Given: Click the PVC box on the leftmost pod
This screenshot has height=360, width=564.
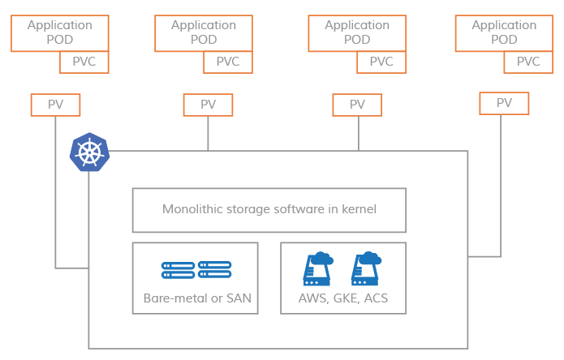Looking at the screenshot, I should pos(84,62).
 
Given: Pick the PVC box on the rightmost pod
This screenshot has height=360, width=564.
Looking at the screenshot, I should pos(528,62).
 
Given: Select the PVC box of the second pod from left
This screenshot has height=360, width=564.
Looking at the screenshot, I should pos(228,62).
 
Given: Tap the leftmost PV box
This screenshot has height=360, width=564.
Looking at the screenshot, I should pos(56,105).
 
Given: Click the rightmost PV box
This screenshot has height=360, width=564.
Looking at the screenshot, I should pos(504,103).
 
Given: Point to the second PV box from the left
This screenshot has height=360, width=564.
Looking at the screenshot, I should pos(208,105).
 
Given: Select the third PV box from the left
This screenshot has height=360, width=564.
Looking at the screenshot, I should pos(358,105).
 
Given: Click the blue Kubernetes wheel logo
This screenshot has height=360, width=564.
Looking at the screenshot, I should pos(89,152).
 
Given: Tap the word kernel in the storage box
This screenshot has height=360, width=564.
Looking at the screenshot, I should pos(357,209).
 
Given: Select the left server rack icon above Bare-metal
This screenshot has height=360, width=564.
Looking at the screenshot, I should pos(178,270).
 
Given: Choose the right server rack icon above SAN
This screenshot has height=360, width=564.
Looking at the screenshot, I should pos(214,270).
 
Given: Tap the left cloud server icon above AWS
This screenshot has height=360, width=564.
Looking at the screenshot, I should pos(317,268).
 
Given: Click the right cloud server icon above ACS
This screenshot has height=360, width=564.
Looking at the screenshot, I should pos(366,268).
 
